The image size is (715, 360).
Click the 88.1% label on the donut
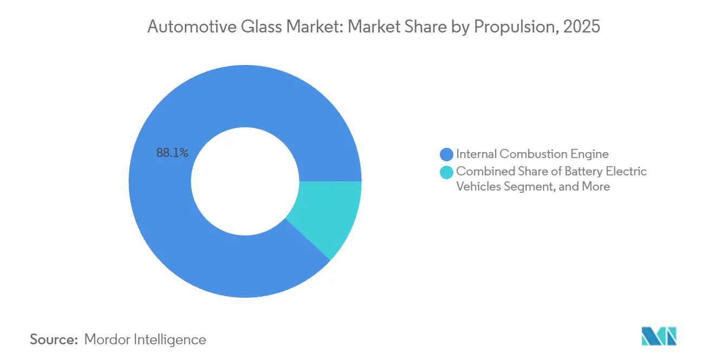click(x=172, y=153)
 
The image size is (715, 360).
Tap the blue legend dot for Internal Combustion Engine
click(x=447, y=154)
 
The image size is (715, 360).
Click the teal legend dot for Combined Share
click(x=447, y=172)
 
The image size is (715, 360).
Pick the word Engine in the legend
click(x=590, y=154)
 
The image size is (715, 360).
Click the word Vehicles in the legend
click(x=477, y=187)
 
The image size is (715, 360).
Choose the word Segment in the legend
click(x=525, y=187)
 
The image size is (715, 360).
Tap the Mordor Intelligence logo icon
click(x=659, y=337)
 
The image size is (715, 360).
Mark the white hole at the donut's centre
click(x=245, y=181)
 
